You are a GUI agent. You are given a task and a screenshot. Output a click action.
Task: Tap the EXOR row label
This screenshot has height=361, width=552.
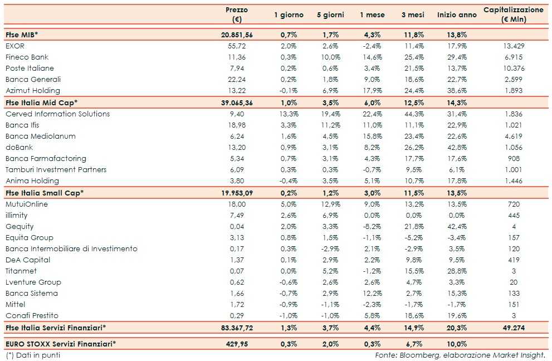click(15, 46)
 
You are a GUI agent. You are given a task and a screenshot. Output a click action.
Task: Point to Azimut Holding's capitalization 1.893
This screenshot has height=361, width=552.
click(514, 90)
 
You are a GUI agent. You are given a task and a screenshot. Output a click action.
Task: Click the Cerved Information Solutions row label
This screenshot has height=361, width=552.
click(58, 114)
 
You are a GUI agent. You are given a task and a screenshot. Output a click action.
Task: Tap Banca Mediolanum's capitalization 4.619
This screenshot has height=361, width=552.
click(514, 136)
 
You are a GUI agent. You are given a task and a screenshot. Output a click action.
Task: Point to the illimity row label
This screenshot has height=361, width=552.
click(16, 215)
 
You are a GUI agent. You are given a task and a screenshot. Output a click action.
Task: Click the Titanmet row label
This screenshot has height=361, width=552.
click(21, 271)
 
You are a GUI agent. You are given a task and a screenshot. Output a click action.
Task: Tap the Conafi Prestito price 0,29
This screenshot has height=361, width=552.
click(237, 315)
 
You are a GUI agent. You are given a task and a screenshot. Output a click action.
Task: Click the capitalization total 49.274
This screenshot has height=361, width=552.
click(514, 328)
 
